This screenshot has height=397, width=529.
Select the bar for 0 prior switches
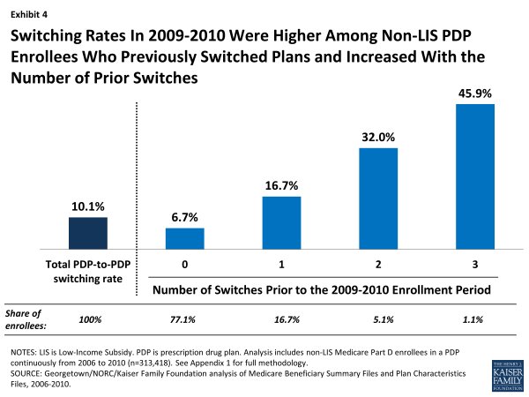pyautogui.click(x=185, y=239)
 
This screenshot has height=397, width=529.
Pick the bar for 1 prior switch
pyautogui.click(x=282, y=223)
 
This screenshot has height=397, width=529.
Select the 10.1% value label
pyautogui.click(x=88, y=205)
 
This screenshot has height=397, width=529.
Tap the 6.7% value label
pyautogui.click(x=185, y=216)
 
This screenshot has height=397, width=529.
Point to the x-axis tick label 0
pyautogui.click(x=185, y=264)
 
